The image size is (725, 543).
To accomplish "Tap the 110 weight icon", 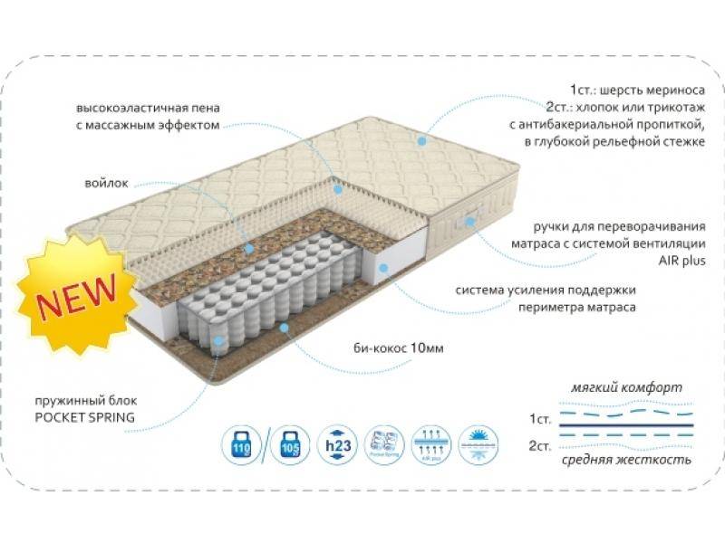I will click(x=241, y=445).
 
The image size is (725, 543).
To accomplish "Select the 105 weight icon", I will click(x=289, y=445).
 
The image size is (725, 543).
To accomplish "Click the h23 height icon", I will click(x=336, y=445).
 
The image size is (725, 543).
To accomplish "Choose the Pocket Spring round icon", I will click(x=384, y=445).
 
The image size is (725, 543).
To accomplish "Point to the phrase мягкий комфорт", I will click(x=626, y=387).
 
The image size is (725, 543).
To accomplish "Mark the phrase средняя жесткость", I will click(x=626, y=460).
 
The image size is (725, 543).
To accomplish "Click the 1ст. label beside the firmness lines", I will click(x=541, y=420).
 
